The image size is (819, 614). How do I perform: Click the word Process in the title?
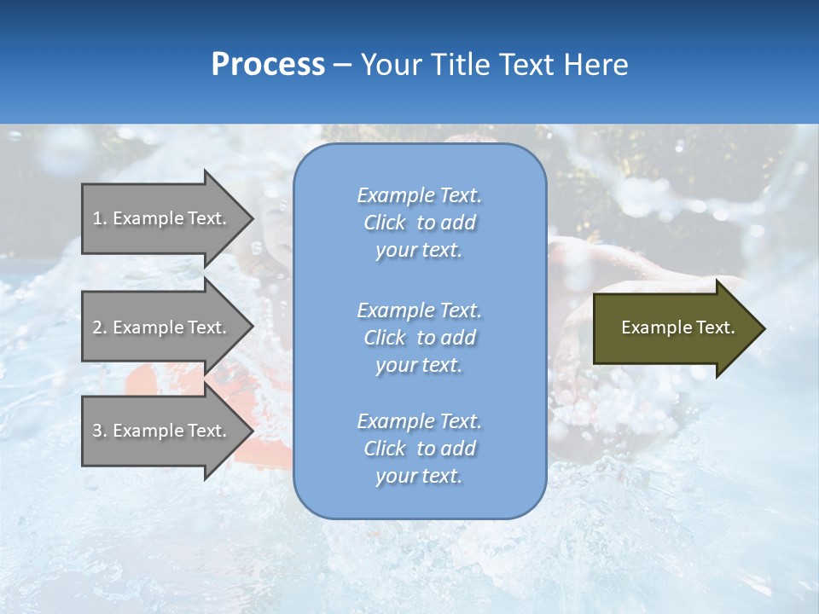pos(268,65)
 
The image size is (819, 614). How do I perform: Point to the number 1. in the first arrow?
pos(100,218)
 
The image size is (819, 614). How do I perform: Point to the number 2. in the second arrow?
pos(100,327)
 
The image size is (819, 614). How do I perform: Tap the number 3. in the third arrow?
pos(100,431)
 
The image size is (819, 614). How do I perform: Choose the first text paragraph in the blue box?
pos(419,223)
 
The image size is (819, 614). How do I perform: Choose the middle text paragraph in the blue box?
pos(419,338)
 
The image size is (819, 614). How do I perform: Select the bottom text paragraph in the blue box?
pos(419,449)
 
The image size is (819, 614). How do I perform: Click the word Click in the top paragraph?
pos(385,223)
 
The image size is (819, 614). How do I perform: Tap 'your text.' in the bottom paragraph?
pos(419,476)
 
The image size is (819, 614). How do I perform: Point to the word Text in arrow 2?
pos(206,327)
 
